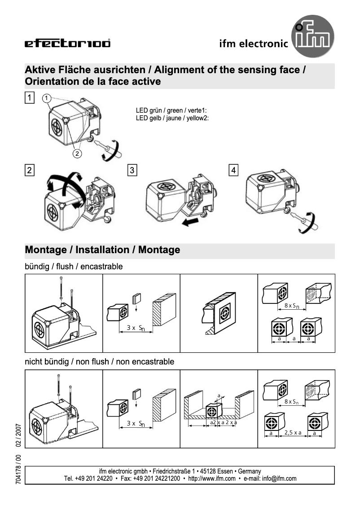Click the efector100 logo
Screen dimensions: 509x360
click(67, 44)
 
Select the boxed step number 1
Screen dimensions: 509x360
click(29, 97)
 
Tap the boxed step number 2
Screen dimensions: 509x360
click(29, 170)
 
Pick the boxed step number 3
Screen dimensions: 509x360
click(132, 170)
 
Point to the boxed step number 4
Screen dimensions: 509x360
click(234, 170)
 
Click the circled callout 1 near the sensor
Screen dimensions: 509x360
click(46, 98)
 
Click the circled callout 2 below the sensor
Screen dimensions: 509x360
click(77, 153)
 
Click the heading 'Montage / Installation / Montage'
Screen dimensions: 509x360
click(103, 250)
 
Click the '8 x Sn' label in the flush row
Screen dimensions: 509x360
click(292, 306)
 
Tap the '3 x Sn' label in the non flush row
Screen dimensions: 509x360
click(135, 423)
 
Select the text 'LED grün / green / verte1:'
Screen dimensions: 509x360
click(171, 110)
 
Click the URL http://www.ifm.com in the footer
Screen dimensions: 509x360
click(211, 478)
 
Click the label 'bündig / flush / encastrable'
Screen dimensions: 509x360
click(74, 267)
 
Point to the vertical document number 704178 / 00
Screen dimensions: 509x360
click(18, 469)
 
